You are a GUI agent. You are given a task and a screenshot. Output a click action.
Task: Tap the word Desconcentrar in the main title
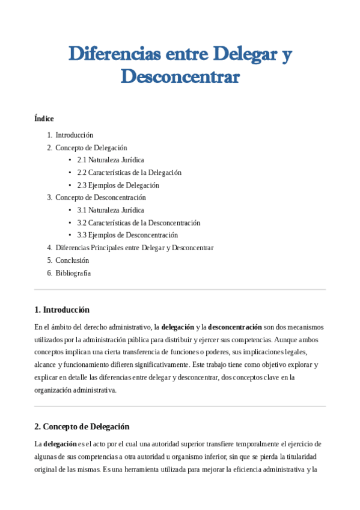point(180,76)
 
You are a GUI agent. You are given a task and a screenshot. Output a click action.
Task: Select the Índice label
point(44,118)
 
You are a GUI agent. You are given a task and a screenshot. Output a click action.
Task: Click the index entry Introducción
point(74,135)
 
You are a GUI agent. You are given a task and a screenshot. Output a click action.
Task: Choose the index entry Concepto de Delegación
point(91,147)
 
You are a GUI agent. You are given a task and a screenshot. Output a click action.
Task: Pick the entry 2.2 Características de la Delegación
point(129,173)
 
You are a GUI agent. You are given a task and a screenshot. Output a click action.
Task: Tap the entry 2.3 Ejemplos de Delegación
point(118,185)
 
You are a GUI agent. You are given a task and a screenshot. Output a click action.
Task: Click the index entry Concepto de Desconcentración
point(100,197)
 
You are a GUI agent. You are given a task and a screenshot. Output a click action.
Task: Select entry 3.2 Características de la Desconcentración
point(139,223)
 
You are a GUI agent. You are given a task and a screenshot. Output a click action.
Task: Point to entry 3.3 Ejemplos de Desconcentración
point(127,235)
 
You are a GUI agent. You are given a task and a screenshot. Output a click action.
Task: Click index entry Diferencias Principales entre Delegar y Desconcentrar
point(134,248)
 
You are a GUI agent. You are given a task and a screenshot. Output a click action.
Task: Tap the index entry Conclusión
point(72,260)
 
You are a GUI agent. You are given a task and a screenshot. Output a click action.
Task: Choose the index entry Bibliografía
point(73,273)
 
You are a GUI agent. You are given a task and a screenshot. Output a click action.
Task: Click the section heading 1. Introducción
point(62,310)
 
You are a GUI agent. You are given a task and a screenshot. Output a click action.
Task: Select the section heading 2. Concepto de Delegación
point(82,426)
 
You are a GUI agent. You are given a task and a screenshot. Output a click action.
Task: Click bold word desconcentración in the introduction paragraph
point(235,327)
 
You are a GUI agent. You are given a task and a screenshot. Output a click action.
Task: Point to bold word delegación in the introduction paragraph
point(178,327)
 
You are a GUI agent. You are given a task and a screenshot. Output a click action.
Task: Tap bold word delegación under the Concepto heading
point(59,444)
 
